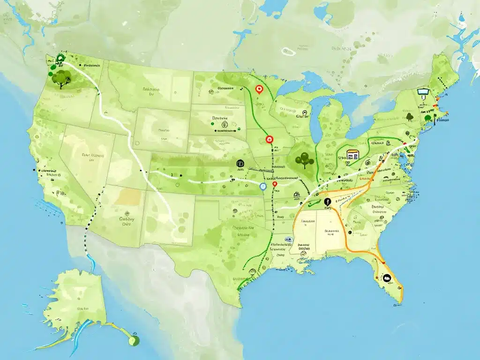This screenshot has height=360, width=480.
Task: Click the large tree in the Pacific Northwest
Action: coord(60,78)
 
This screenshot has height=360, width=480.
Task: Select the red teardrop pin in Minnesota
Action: coord(258,89)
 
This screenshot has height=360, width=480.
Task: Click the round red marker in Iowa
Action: coord(269,139)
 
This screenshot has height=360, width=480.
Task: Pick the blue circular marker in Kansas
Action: coord(263,186)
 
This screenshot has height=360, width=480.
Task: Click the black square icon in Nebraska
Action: coord(240,164)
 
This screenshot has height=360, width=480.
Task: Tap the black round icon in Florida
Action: coord(387,277)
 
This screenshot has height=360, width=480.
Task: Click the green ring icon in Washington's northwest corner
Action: coord(60,59)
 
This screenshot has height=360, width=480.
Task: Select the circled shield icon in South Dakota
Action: coord(225,125)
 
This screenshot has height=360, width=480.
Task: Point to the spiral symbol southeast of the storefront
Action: coord(367,163)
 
